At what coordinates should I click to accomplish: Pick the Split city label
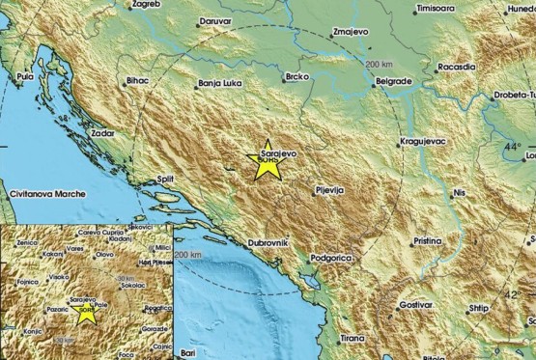[x=164, y=179]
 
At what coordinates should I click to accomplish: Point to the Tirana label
[x=352, y=339]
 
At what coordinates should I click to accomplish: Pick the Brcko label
[x=296, y=75]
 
